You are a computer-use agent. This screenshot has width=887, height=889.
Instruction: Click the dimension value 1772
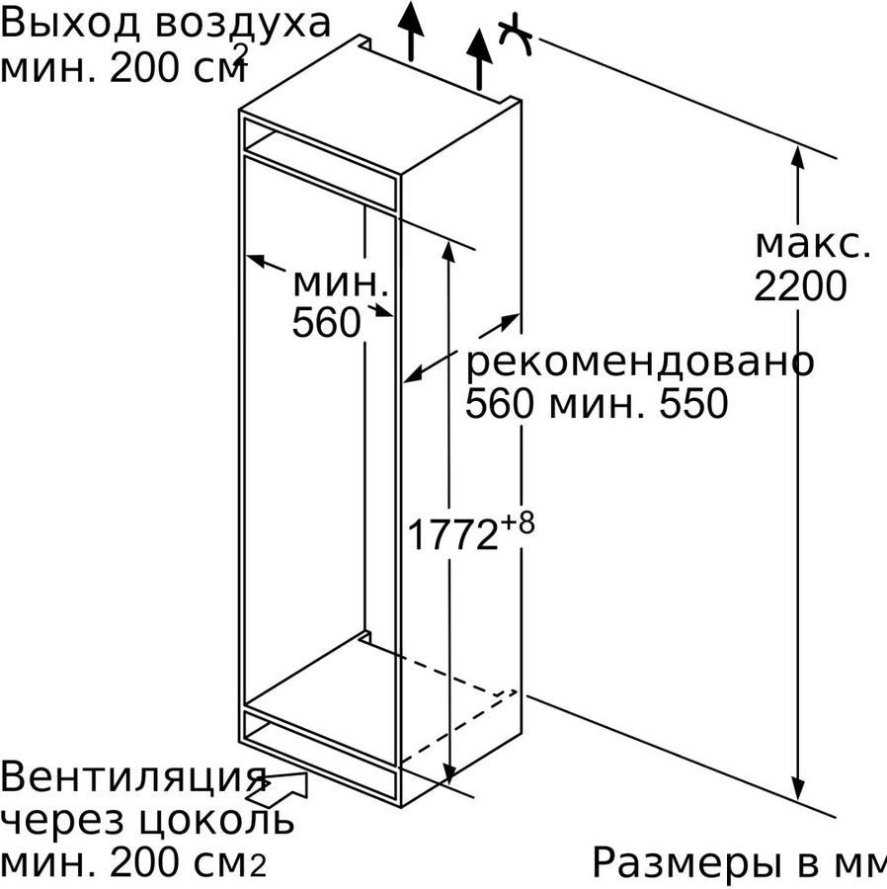click(x=452, y=534)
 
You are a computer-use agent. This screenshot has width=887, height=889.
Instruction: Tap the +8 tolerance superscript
click(x=517, y=524)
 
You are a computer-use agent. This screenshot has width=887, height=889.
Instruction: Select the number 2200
click(x=800, y=285)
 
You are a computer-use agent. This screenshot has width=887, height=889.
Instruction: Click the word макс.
click(x=813, y=245)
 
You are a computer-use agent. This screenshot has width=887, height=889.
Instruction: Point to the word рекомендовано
click(x=639, y=362)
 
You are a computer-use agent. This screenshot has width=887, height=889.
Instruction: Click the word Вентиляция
click(x=133, y=778)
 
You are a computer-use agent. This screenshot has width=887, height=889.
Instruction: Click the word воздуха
click(x=243, y=26)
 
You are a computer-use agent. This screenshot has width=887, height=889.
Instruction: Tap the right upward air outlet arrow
click(x=479, y=59)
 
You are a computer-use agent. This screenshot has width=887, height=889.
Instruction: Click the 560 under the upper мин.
click(x=327, y=323)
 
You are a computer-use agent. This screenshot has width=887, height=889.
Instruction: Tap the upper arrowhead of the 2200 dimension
click(x=797, y=157)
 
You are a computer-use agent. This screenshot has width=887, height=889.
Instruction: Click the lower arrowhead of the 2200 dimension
click(x=797, y=788)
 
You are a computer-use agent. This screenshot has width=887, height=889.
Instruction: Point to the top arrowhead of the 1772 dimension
click(x=448, y=252)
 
